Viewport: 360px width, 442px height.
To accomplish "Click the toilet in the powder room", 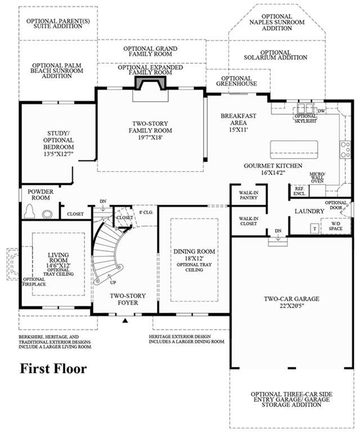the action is (x=29, y=211).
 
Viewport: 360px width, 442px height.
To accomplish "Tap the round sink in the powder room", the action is (x=47, y=214).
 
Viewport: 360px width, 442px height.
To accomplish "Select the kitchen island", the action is (x=294, y=150).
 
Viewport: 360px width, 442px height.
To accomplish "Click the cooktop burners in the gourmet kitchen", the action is (x=345, y=150).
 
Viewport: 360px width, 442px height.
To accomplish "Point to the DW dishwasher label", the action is (x=321, y=111).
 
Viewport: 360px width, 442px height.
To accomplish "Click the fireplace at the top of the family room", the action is (x=151, y=83).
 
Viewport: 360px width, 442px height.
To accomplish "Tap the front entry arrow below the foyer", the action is (x=126, y=320).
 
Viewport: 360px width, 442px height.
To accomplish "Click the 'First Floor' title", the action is (x=53, y=369).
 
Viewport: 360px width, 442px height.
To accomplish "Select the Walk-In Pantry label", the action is (x=249, y=195).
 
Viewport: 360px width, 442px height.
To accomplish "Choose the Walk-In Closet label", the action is (x=248, y=221).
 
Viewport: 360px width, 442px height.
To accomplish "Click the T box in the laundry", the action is (x=314, y=229).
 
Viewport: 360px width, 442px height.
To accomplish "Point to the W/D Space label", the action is (x=335, y=226).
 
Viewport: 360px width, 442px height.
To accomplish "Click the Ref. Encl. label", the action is (x=299, y=191).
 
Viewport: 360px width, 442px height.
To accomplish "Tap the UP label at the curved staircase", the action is (x=113, y=282).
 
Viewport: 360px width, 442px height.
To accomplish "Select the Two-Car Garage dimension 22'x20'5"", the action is (x=291, y=305).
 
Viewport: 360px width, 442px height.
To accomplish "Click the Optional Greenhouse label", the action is (x=236, y=81).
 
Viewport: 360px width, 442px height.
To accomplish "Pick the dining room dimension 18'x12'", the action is (x=194, y=258).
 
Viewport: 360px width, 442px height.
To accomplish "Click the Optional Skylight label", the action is (x=305, y=119).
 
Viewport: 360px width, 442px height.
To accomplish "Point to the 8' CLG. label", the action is (x=146, y=212).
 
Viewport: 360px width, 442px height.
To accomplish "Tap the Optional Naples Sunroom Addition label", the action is (x=277, y=22).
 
